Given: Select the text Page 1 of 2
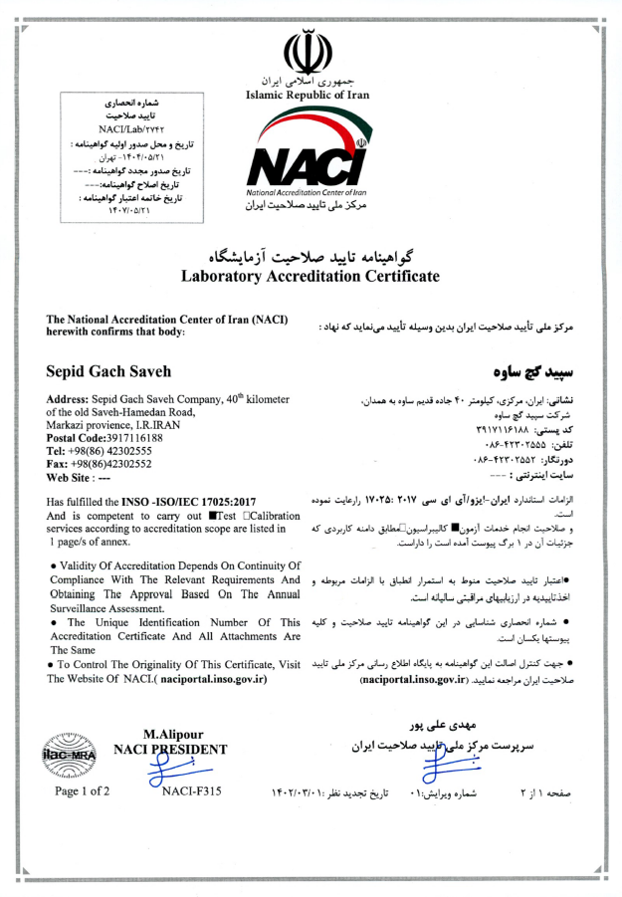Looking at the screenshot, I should (83, 792).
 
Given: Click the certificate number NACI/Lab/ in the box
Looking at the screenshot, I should (123, 129).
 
